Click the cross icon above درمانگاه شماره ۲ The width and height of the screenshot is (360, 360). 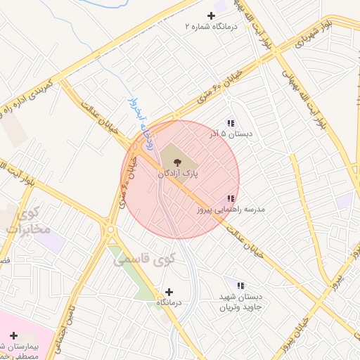pos(211,15)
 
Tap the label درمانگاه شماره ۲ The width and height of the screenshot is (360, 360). pos(212,26)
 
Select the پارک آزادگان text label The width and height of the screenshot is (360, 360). pos(176,172)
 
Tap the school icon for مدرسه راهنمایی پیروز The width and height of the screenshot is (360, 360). pos(231,199)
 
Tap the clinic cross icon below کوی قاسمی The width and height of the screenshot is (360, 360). pos(168,292)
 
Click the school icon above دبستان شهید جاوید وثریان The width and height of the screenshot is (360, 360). pos(240,286)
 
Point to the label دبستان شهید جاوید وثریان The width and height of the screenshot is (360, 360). pos(239,302)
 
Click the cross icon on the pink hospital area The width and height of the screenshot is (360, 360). pos(13,335)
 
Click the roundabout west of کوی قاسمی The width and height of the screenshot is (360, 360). pos(110,229)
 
